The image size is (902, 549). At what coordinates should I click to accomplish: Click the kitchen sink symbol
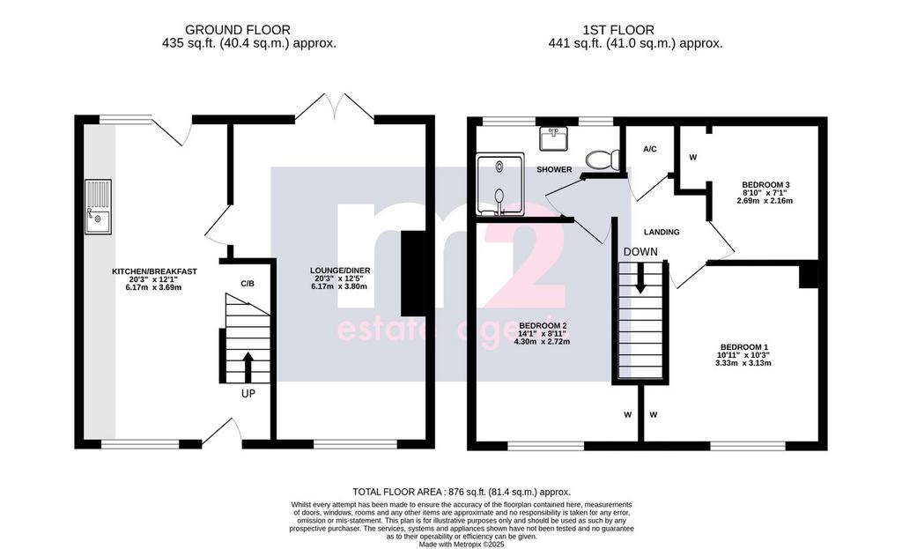point(99,207)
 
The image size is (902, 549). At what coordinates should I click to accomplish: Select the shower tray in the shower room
point(500,184)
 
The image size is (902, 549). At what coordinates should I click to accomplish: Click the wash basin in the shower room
point(554,138)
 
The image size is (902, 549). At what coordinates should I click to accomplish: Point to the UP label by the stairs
point(248,394)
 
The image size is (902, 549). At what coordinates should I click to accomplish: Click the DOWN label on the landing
point(640,251)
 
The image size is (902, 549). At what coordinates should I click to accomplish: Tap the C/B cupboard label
point(248,284)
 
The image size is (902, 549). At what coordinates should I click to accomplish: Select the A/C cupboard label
point(649,150)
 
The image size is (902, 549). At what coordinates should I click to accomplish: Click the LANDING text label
point(662,232)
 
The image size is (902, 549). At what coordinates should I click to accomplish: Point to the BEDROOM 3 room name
point(762,185)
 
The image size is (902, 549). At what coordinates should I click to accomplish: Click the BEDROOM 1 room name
point(743,347)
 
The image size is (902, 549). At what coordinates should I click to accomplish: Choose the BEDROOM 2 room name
point(541,325)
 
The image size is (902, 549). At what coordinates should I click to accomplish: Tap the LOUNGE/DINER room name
point(340,271)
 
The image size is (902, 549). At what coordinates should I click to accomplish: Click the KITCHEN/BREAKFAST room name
point(154,271)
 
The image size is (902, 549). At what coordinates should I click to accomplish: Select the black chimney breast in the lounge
point(414,273)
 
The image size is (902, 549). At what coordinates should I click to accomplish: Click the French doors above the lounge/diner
point(334,107)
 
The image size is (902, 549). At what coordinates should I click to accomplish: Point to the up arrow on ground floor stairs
point(248,367)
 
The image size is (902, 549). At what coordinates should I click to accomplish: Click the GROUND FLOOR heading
point(238,30)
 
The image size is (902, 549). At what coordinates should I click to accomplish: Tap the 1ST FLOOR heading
point(618,30)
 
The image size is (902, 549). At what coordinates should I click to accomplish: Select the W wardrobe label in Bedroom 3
point(692,157)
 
